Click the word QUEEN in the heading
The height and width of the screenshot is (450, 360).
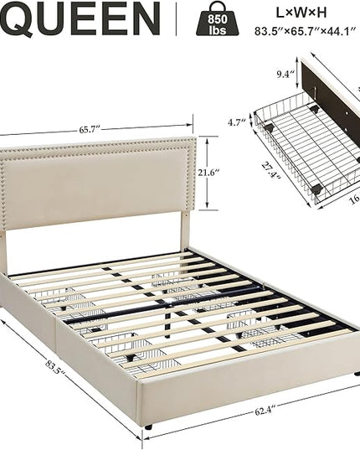tap(80, 19)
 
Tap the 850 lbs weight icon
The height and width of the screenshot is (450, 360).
tap(218, 19)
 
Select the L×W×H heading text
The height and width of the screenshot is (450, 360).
tap(301, 13)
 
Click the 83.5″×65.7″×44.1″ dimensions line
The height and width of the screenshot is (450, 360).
tap(305, 31)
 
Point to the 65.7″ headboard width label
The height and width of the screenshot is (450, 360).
tap(89, 129)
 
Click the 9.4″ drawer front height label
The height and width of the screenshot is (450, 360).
tap(285, 75)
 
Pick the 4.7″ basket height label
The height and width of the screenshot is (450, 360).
tap(237, 122)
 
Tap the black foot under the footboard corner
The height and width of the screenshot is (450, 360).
tap(148, 427)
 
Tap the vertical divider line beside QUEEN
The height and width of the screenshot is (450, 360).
tap(177, 19)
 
